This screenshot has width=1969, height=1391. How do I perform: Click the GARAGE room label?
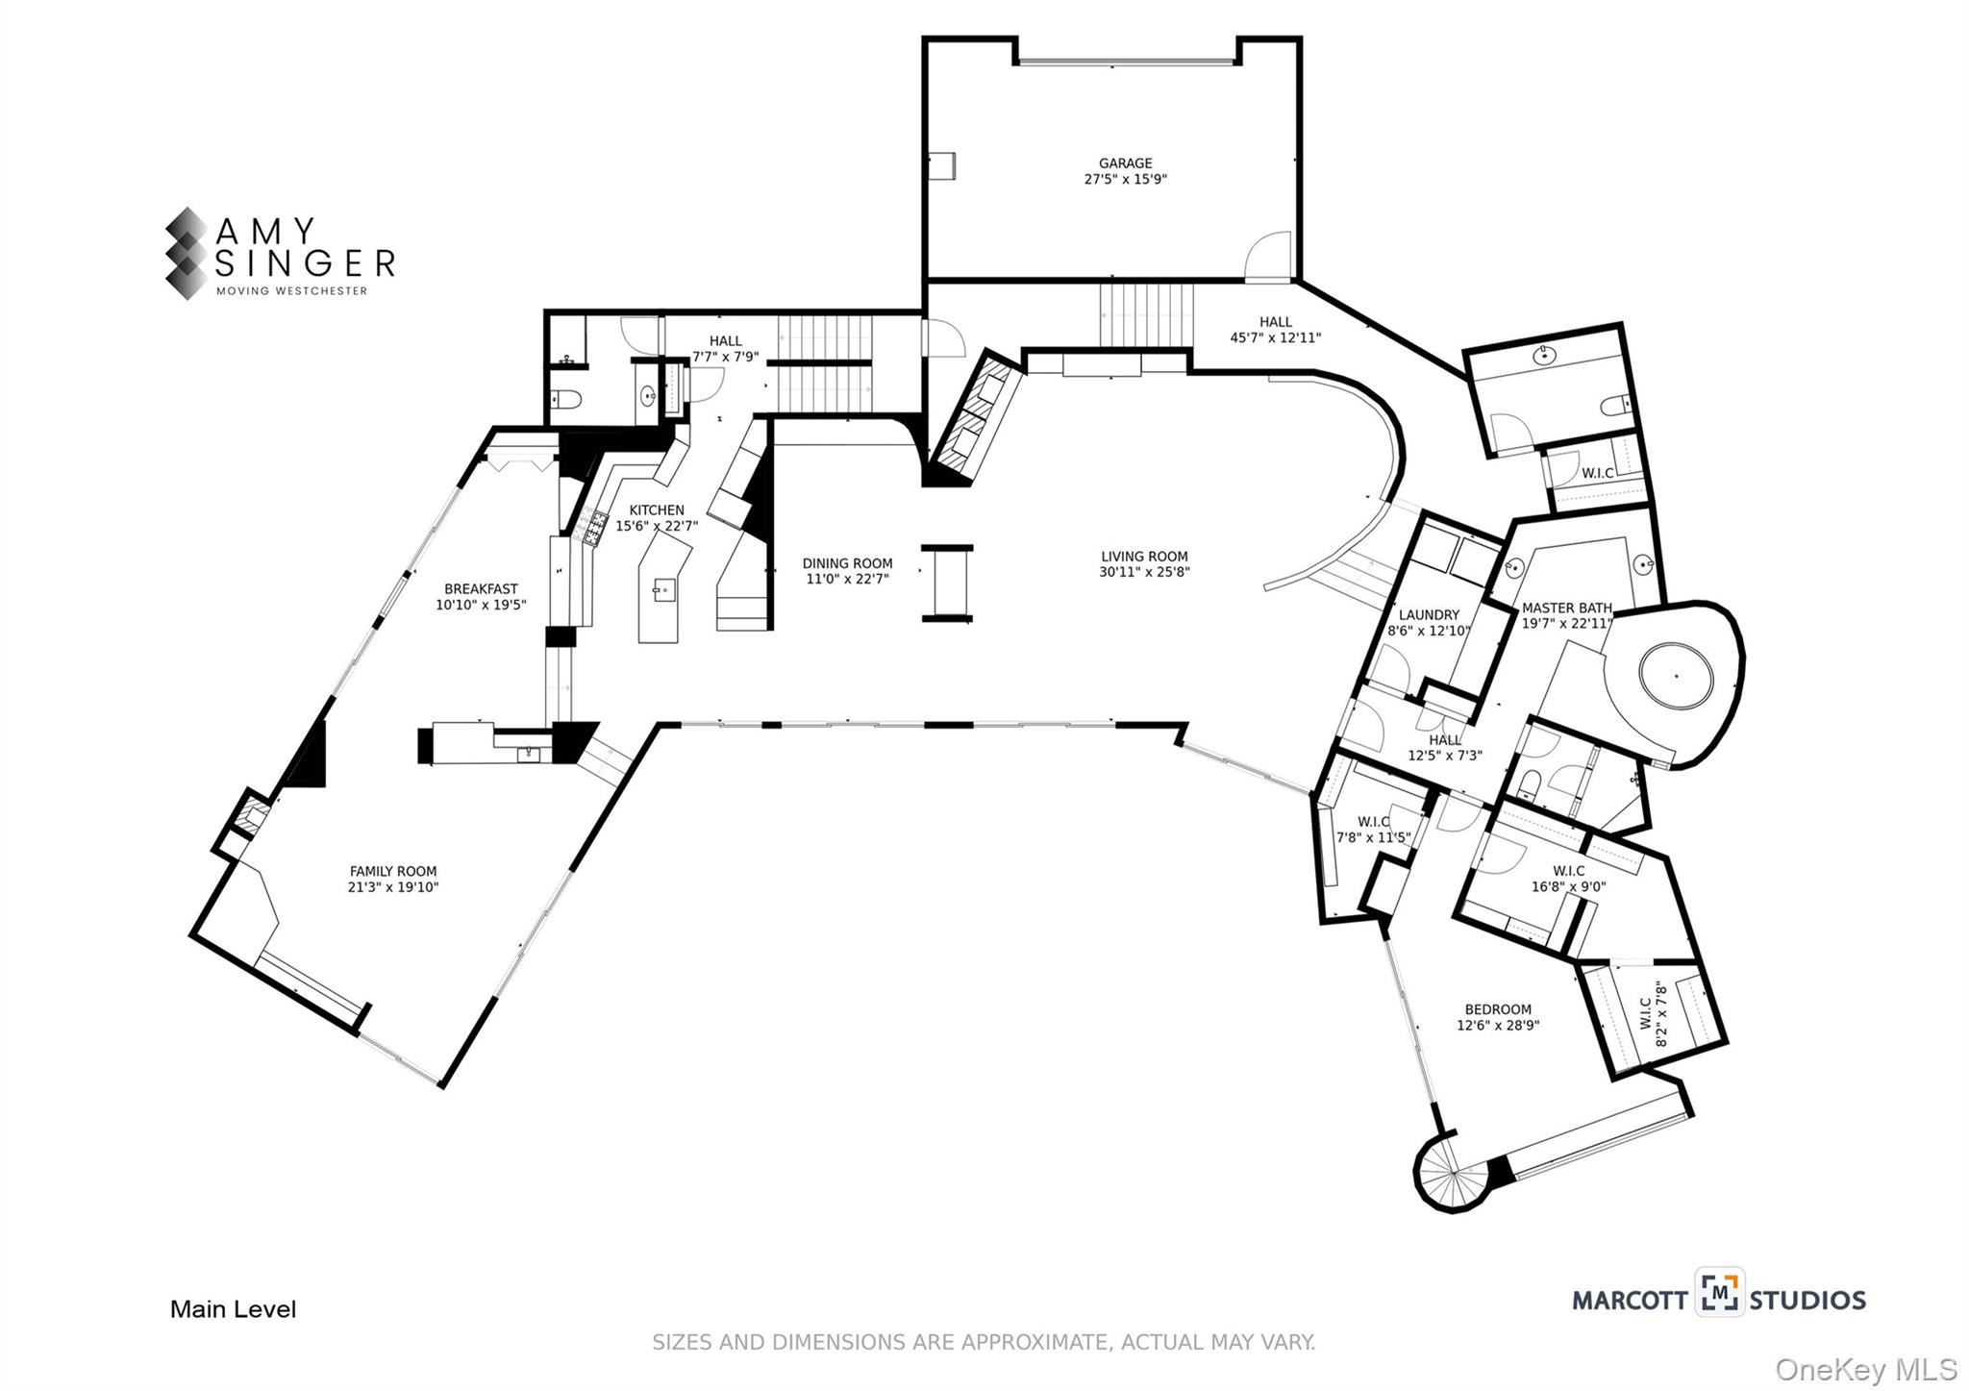click(x=1125, y=163)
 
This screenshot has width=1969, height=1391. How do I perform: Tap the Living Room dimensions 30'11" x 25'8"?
click(x=1144, y=572)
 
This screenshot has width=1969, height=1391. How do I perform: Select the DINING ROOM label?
click(x=847, y=563)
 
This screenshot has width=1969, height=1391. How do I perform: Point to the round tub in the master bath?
click(x=1676, y=677)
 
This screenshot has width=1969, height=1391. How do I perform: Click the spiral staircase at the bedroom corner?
click(x=1453, y=1175)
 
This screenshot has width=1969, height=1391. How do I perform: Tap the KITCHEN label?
click(x=657, y=510)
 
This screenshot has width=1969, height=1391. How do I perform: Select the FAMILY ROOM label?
click(x=392, y=872)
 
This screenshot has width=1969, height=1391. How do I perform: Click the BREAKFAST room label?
click(x=481, y=589)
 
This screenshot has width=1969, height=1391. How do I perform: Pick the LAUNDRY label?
click(x=1429, y=615)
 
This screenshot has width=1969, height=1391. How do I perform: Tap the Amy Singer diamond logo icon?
click(x=186, y=254)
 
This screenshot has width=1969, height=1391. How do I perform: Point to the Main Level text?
click(x=233, y=1309)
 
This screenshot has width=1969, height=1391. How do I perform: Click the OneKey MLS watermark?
click(x=1865, y=1369)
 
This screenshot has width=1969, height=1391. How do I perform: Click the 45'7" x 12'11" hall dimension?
click(x=1275, y=337)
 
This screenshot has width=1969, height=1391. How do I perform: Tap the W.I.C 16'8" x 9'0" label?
click(x=1568, y=880)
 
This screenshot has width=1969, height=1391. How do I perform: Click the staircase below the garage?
click(x=1146, y=316)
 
